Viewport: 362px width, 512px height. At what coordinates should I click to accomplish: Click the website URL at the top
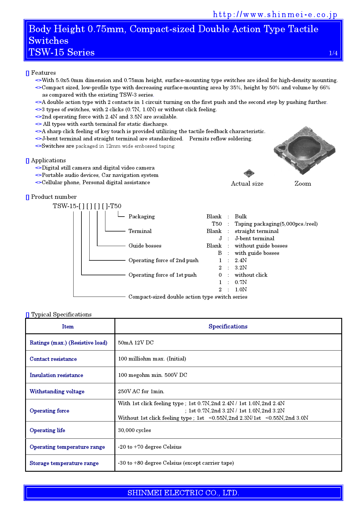275,15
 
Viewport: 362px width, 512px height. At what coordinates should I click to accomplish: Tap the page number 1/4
333,53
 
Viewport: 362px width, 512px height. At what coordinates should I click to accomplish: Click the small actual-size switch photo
249,173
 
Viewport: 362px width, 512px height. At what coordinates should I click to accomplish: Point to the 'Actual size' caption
247,184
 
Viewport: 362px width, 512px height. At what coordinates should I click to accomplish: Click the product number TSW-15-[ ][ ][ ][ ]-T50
87,206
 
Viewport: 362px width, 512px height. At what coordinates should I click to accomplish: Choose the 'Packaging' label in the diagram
142,217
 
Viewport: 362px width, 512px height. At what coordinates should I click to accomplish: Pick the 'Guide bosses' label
145,246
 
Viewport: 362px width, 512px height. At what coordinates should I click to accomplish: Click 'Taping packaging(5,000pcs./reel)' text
276,224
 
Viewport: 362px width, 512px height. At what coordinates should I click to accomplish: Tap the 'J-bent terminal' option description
254,238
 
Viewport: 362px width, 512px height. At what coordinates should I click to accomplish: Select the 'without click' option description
251,275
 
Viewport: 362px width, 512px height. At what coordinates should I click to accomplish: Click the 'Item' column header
68,327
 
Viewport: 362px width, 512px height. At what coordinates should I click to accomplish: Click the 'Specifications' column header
228,327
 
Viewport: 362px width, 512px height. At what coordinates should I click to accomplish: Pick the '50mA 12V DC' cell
136,343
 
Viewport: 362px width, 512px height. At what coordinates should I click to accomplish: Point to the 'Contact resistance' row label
53,359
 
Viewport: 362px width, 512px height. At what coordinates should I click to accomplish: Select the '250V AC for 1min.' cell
141,391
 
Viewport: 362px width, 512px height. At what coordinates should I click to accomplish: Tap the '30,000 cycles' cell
134,430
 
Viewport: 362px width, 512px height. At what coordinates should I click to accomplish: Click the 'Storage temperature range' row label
64,463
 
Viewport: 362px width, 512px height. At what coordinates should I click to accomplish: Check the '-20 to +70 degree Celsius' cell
149,447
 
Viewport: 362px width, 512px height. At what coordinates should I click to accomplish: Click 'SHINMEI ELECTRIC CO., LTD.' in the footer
183,493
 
